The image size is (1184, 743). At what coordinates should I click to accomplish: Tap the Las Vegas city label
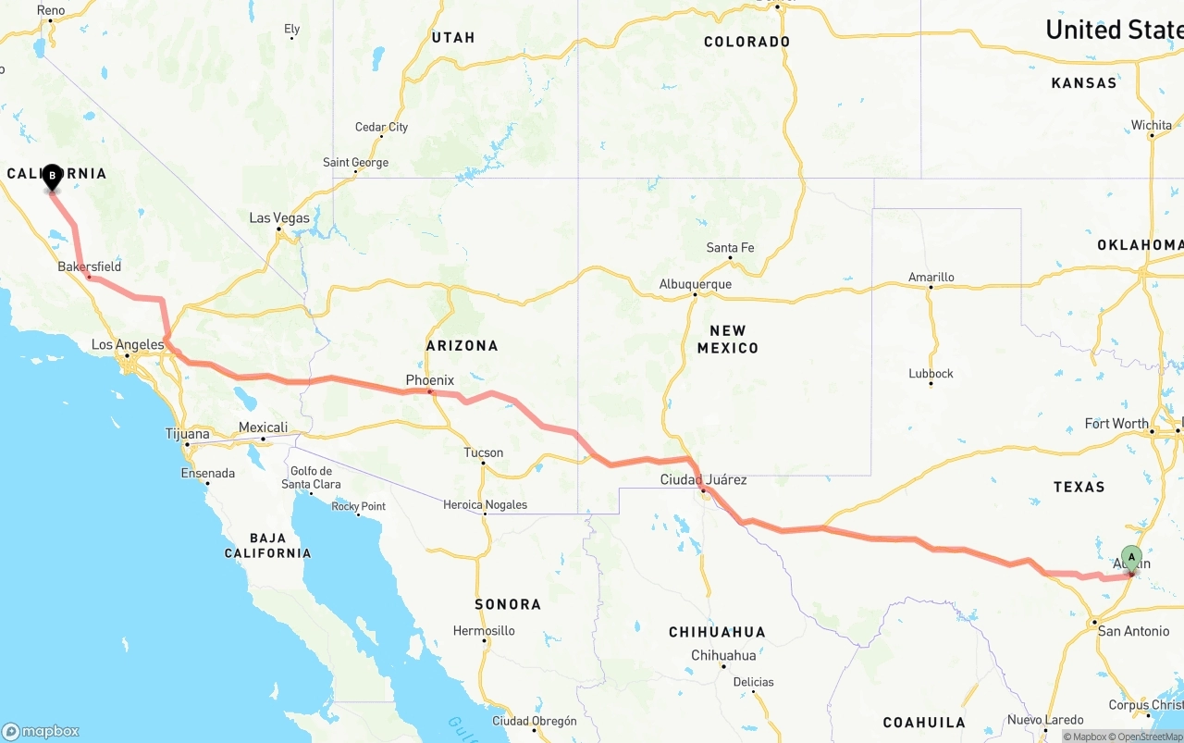click(279, 218)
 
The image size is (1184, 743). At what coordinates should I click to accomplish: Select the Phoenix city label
click(430, 380)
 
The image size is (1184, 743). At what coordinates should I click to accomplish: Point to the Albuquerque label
click(695, 285)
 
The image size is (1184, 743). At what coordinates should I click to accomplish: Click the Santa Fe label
click(730, 248)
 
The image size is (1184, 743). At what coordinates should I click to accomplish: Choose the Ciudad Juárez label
click(703, 480)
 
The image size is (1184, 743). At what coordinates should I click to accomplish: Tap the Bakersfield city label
click(90, 266)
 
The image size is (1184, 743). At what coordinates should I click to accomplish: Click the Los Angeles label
click(128, 345)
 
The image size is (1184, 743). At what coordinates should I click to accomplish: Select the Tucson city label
click(484, 452)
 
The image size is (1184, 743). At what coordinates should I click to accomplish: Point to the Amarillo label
click(931, 277)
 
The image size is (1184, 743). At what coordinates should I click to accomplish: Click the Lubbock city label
click(931, 374)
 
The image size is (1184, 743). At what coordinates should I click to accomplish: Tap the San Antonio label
click(1133, 631)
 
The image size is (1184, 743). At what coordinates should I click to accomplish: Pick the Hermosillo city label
click(484, 631)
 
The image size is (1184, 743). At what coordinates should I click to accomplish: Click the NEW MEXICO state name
click(728, 340)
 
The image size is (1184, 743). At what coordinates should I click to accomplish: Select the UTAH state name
click(452, 38)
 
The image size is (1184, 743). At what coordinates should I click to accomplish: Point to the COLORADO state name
click(746, 42)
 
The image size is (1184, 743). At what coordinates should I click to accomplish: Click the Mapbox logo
click(41, 731)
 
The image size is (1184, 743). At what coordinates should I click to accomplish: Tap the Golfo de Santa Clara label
click(311, 478)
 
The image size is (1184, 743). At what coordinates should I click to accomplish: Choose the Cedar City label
click(381, 128)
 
